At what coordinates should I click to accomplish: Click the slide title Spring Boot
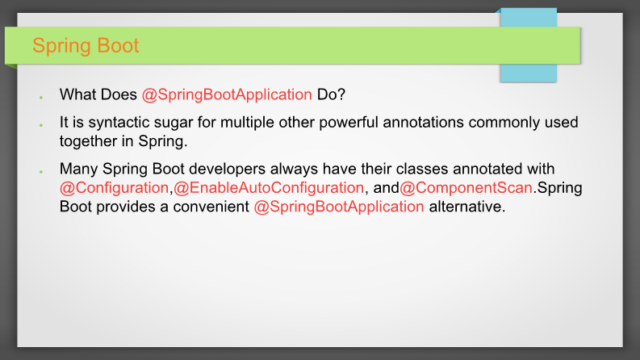(x=86, y=46)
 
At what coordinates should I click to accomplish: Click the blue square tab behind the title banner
(x=529, y=45)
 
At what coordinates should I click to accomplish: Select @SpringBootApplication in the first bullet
(x=227, y=94)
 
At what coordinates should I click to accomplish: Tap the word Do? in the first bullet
(x=331, y=94)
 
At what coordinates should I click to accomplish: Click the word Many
(x=79, y=169)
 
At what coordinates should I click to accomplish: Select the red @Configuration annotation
(x=115, y=188)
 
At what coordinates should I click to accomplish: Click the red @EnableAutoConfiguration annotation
(x=269, y=188)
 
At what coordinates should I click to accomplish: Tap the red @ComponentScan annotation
(x=466, y=188)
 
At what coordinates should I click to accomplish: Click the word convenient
(x=211, y=207)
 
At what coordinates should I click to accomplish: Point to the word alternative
(x=467, y=207)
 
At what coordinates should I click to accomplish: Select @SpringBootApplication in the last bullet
(x=339, y=207)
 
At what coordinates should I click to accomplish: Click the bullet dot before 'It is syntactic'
(x=41, y=125)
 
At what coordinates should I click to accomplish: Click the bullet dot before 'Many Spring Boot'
(x=41, y=171)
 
